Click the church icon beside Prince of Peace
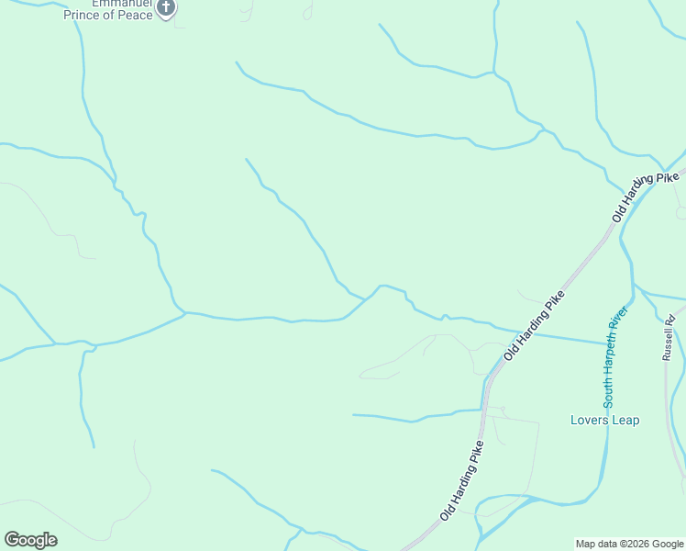pyautogui.click(x=166, y=9)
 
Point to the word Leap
pyautogui.click(x=625, y=421)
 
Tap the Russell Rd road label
pyautogui.click(x=669, y=337)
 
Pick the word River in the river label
pyautogui.click(x=616, y=321)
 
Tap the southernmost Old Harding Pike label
pyautogui.click(x=461, y=481)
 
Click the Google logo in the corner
pyautogui.click(x=30, y=540)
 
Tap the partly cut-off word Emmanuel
pyautogui.click(x=92, y=4)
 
